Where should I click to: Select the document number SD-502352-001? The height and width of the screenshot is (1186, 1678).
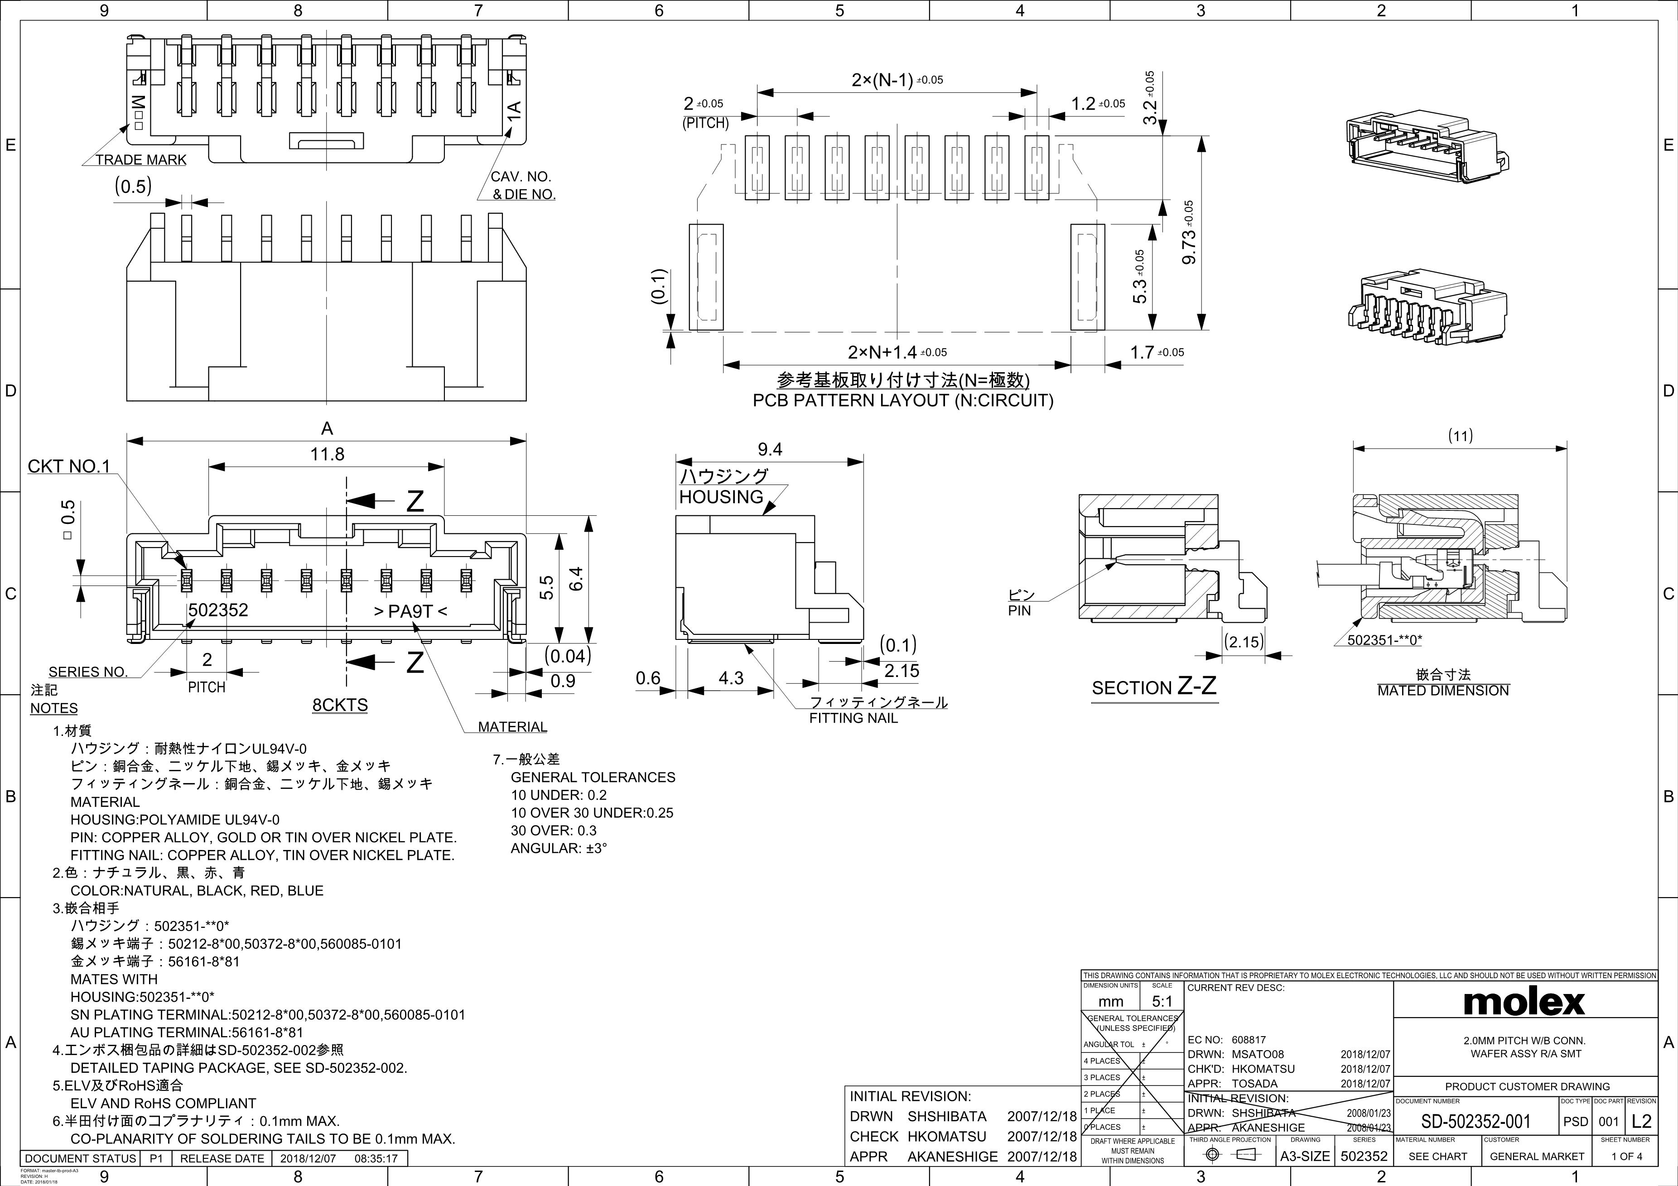click(1475, 1121)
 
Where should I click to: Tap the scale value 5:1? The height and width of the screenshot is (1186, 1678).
click(1161, 1001)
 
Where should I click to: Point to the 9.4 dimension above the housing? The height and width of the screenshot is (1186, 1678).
click(770, 449)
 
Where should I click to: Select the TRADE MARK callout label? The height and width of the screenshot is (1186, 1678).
click(140, 160)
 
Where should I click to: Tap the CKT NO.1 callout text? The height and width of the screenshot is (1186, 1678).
click(69, 466)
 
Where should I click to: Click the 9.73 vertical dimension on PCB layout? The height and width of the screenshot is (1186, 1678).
click(1188, 233)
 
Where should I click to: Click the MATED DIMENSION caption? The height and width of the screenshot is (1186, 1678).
click(1443, 691)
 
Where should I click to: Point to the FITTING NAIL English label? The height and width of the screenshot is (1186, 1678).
click(853, 718)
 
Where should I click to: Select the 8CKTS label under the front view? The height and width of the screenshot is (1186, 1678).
click(340, 705)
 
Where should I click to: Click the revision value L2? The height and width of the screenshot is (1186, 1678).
click(1641, 1121)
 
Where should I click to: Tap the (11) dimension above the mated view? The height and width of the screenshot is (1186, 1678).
click(1460, 436)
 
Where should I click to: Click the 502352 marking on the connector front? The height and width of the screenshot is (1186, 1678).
click(218, 610)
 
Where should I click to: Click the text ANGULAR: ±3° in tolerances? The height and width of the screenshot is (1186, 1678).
click(559, 848)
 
